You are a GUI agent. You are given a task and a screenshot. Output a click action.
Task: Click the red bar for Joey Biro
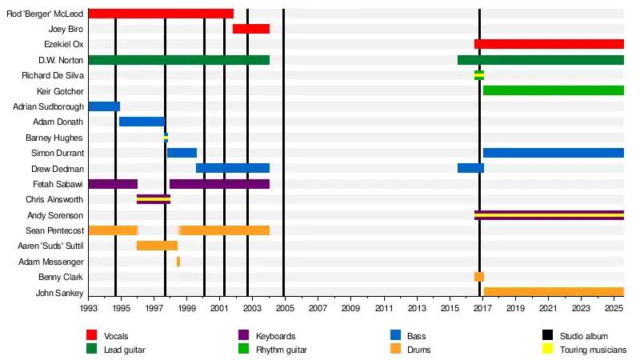tap(251, 29)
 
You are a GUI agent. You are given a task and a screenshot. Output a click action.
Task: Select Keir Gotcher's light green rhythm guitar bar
tap(553, 90)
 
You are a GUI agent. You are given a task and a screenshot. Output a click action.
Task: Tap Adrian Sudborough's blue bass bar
tap(104, 106)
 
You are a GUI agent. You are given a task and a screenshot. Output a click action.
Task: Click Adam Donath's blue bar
tap(142, 122)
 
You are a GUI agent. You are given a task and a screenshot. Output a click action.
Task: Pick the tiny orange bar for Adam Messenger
tap(178, 262)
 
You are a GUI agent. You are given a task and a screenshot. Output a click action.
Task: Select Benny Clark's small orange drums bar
tap(478, 277)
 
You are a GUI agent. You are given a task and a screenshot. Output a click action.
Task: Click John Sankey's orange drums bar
tap(553, 292)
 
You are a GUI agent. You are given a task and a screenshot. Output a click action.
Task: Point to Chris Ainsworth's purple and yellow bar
tap(154, 199)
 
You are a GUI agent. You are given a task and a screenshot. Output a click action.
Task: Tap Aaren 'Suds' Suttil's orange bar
tap(157, 246)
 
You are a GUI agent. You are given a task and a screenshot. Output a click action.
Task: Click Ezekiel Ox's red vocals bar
tap(549, 44)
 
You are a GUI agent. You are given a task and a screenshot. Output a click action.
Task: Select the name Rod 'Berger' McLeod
tap(45, 14)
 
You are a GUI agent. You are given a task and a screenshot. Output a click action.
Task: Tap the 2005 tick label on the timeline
tap(284, 308)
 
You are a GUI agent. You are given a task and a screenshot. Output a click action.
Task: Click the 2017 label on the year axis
tap(480, 308)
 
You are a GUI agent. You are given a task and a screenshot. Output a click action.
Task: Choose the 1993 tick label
tap(88, 308)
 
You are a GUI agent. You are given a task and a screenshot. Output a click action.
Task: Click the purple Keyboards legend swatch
tap(244, 336)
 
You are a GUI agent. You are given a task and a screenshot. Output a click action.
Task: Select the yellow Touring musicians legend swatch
tap(548, 350)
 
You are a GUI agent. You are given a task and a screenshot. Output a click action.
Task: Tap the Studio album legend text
tap(585, 336)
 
